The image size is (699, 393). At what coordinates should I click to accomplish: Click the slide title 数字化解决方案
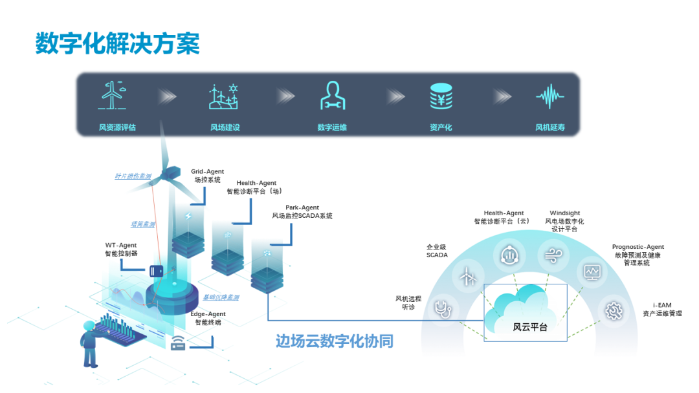117,43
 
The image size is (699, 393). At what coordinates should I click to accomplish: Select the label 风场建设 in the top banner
225,127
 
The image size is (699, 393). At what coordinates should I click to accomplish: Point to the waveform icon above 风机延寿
549,96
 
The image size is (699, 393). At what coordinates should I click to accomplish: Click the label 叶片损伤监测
133,176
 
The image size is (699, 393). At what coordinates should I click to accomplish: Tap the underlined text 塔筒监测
143,224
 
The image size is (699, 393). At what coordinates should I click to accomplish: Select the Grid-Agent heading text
207,172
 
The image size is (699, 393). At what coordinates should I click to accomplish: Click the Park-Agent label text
302,207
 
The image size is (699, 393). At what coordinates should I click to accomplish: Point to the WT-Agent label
121,245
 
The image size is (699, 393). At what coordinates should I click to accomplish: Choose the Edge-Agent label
208,314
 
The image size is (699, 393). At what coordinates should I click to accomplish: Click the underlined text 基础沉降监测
221,297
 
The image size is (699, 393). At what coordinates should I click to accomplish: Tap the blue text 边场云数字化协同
334,341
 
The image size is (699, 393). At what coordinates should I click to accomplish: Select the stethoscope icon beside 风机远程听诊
442,308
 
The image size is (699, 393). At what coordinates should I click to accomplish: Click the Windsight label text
564,213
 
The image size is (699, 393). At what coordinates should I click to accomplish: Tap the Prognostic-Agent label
638,247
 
